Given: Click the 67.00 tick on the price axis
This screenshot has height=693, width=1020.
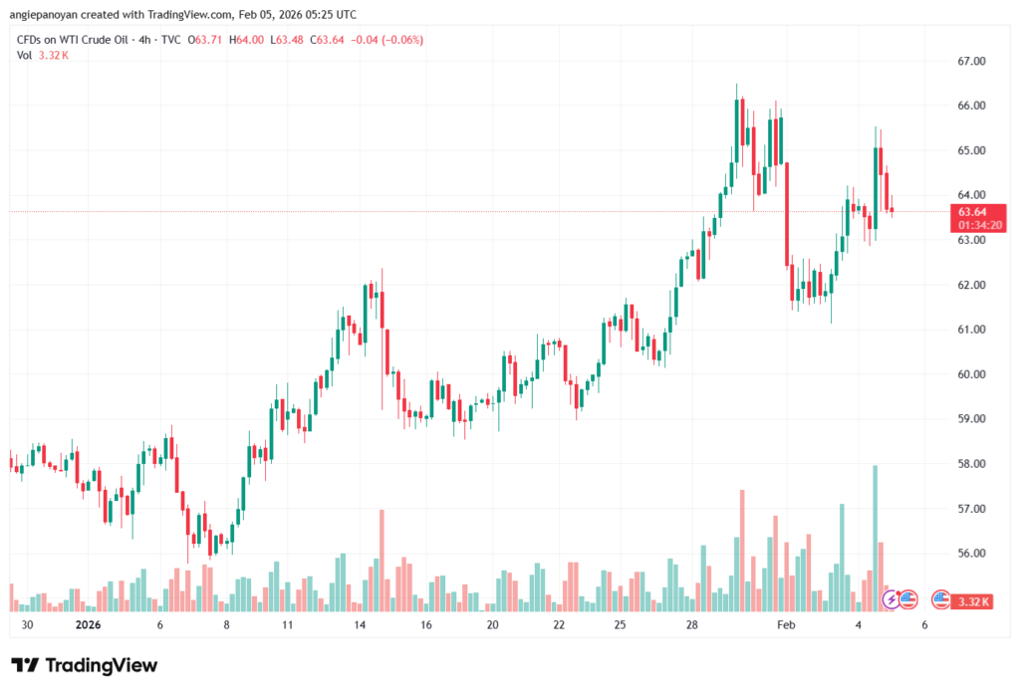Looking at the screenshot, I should [971, 61].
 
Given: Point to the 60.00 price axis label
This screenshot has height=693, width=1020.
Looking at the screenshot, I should [971, 374].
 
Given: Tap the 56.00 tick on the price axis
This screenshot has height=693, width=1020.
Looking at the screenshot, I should [971, 554].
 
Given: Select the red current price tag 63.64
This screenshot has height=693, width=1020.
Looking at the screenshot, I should [972, 212].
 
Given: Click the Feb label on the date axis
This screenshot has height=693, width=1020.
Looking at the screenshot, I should [787, 624].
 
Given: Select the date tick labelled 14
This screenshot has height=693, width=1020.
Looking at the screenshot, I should [360, 624].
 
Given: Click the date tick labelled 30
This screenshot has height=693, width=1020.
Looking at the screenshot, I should [27, 624].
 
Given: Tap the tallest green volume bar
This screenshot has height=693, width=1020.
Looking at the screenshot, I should [875, 538].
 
